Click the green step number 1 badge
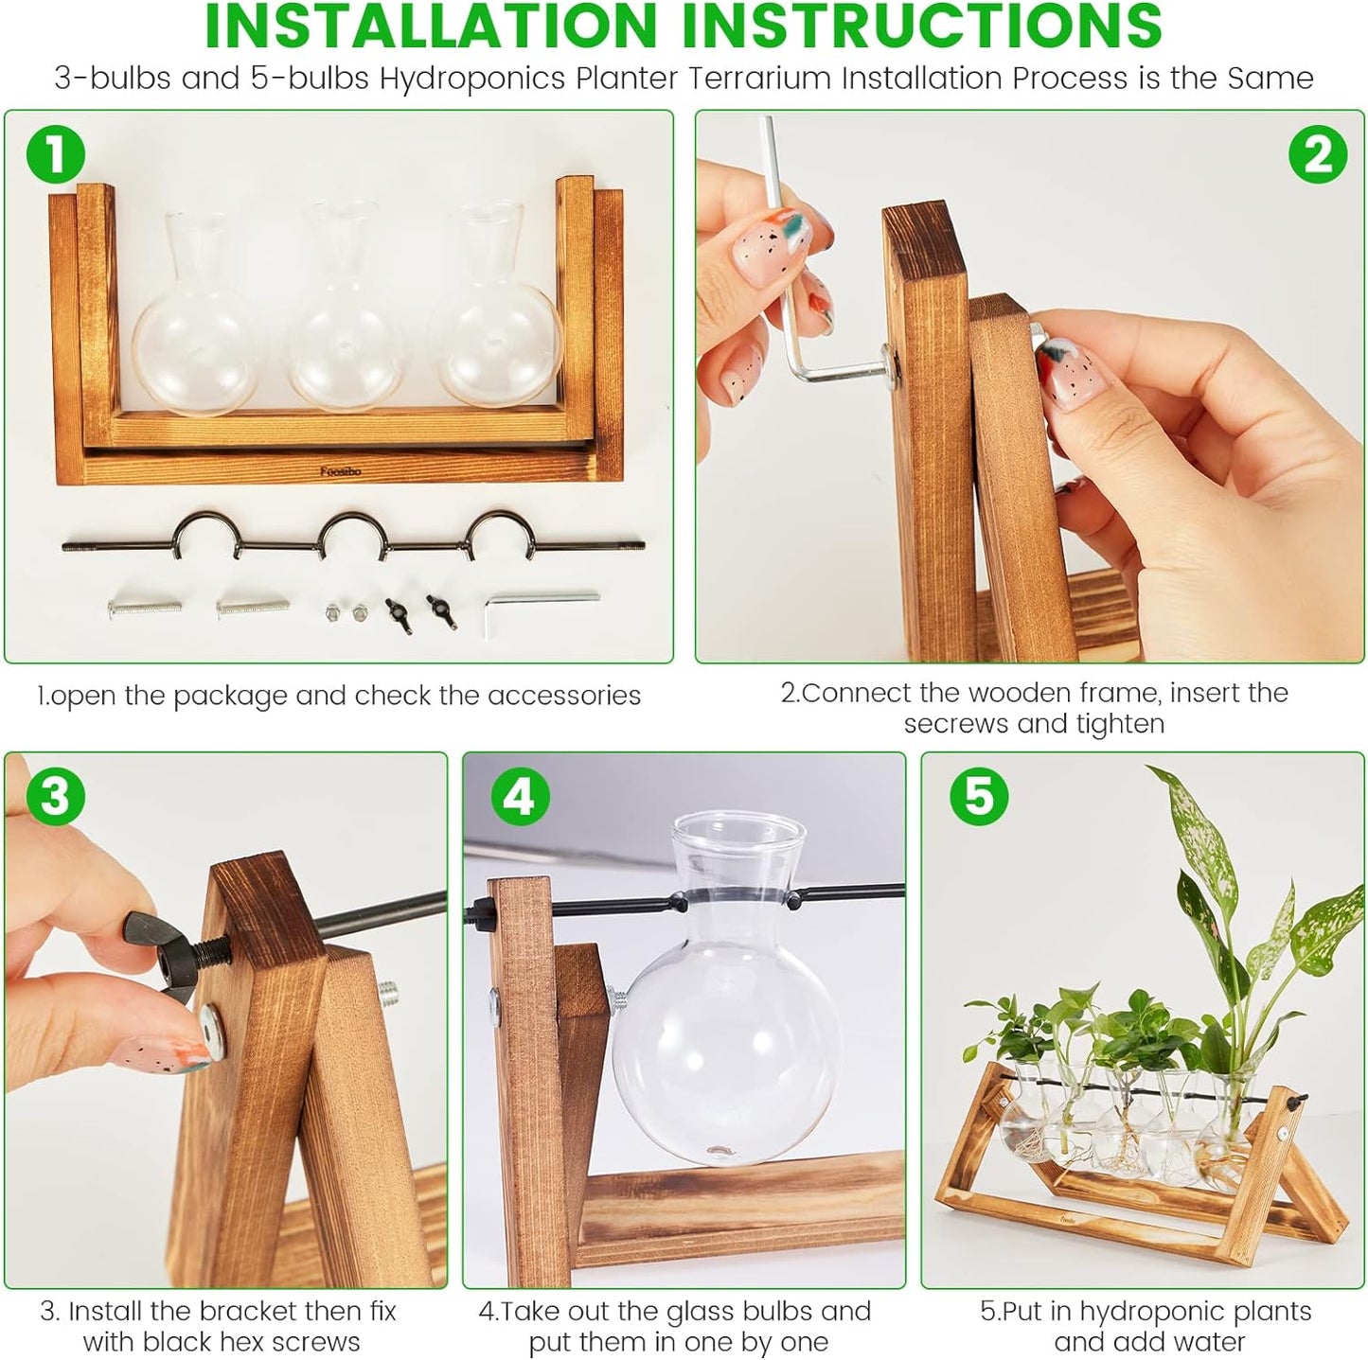(x=55, y=153)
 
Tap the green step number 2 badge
(x=1317, y=153)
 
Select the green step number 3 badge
(x=55, y=796)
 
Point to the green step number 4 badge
(x=519, y=796)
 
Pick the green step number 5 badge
(x=978, y=796)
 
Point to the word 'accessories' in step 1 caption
(x=563, y=696)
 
